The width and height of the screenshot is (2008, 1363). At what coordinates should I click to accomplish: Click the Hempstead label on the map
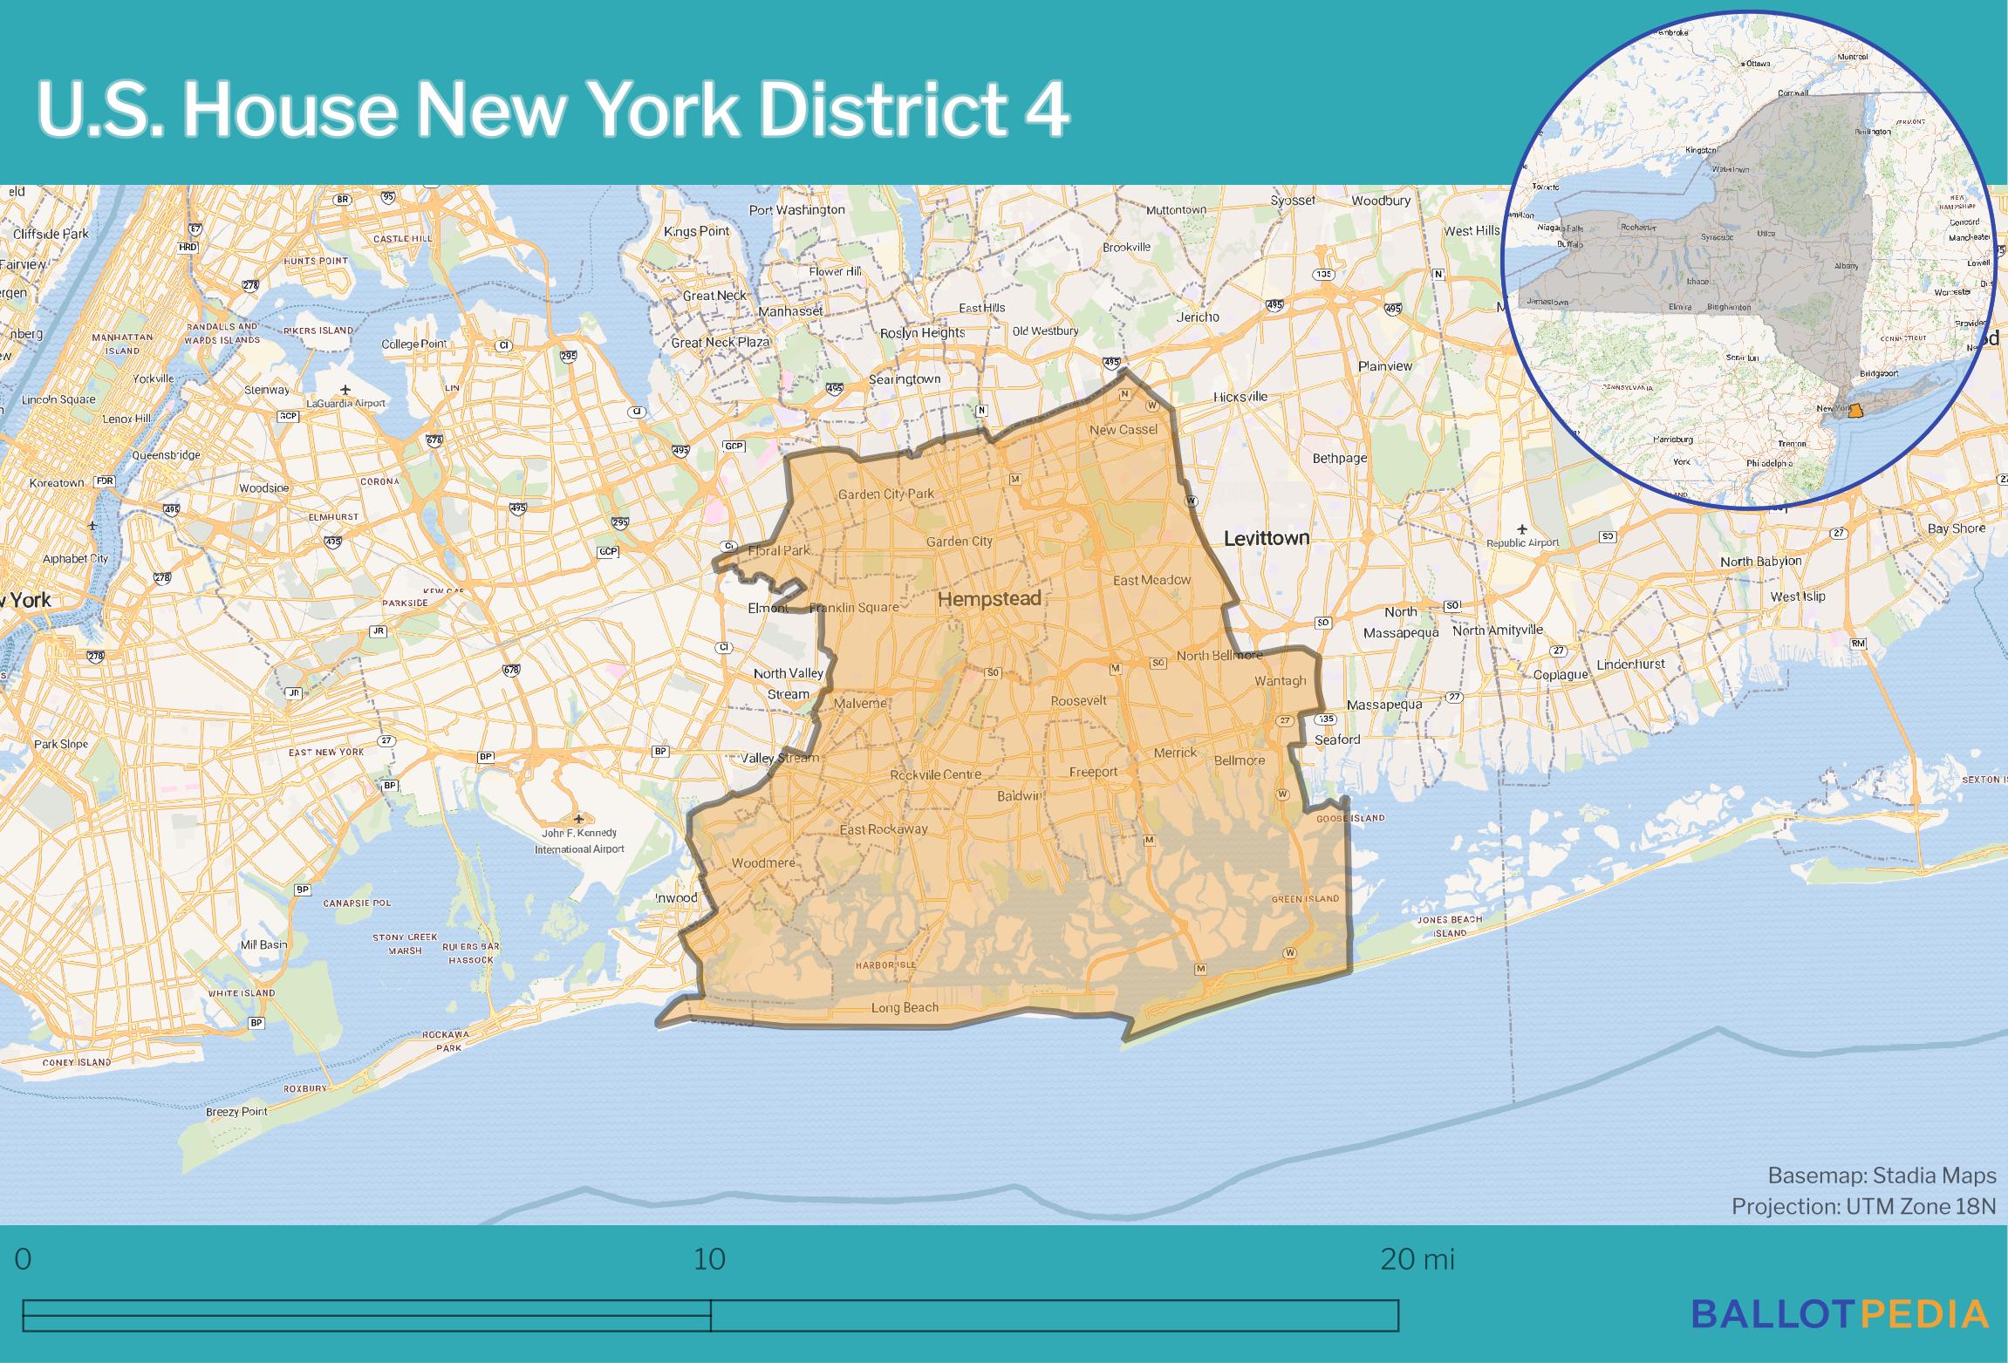(989, 599)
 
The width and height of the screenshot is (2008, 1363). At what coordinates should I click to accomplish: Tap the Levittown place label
(1266, 538)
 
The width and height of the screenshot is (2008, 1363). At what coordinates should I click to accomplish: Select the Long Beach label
(905, 1007)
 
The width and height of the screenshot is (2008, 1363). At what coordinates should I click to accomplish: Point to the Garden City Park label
(885, 494)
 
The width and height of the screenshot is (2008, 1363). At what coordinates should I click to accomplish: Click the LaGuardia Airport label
(345, 403)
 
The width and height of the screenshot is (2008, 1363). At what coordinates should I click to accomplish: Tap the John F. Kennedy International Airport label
(579, 841)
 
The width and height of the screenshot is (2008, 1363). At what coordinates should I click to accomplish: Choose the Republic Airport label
(1522, 542)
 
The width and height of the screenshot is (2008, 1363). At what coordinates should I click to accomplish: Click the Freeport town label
(1093, 772)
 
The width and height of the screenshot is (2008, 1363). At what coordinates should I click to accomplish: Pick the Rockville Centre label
(935, 774)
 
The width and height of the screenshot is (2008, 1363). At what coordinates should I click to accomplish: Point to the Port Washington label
(796, 209)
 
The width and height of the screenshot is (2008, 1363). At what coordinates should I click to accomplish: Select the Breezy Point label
(236, 1112)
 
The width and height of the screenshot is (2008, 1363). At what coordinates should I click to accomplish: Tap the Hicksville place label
(1240, 397)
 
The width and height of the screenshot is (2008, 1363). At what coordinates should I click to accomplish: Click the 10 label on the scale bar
(709, 1259)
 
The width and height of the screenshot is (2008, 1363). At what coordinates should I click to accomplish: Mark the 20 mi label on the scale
(1417, 1259)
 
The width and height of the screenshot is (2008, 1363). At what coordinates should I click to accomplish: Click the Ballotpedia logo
(1841, 1313)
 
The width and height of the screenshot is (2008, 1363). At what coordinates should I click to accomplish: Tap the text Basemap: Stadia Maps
(1882, 1176)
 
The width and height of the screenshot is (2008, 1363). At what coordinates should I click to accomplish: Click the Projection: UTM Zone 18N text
(1863, 1206)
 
